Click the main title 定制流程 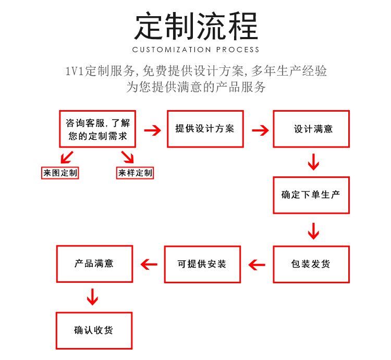coord(196,26)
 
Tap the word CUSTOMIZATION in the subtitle coord(172,50)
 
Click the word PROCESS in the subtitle coord(238,50)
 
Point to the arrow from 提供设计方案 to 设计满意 coord(260,130)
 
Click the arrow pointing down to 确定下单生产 coord(313,162)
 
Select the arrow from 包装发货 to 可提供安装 coord(257,265)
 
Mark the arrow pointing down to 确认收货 coord(92,297)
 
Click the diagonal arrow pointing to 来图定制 coord(67,157)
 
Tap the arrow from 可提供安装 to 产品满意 coord(149,265)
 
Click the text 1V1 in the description coord(74,71)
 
